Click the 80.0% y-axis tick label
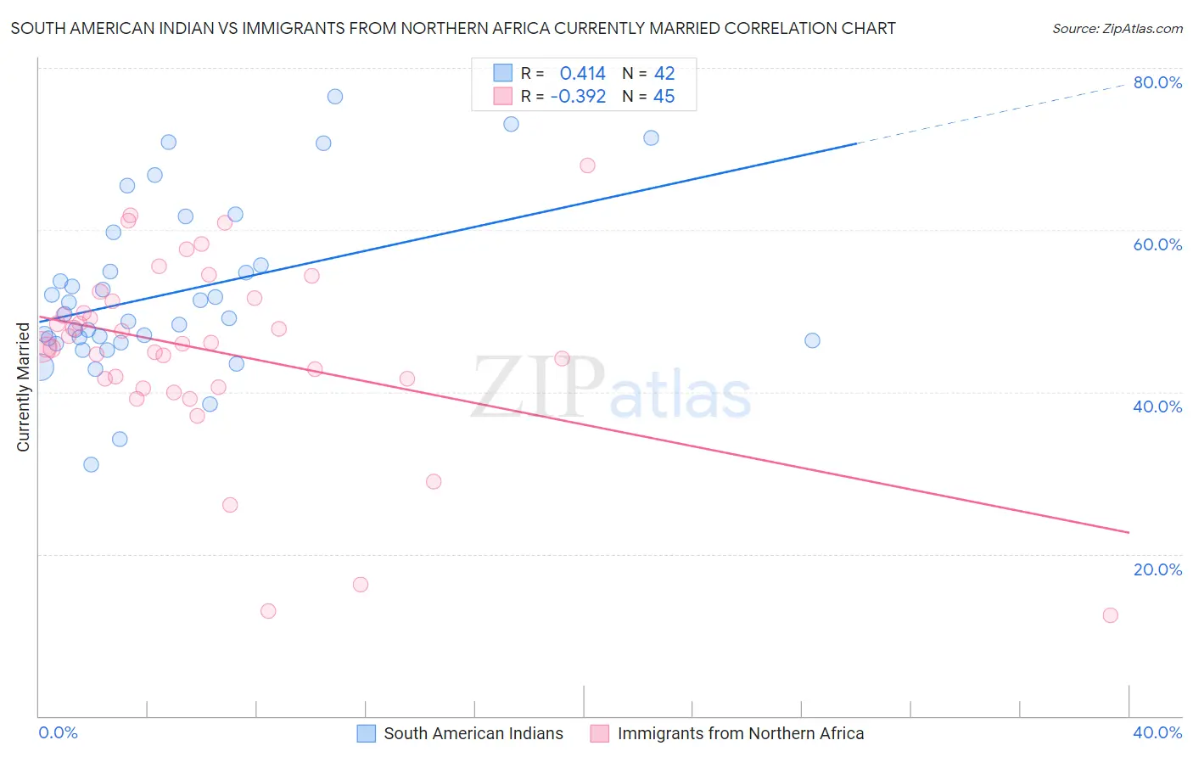coord(1157,82)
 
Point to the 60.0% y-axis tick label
coord(1157,244)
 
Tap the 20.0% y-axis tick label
coord(1157,569)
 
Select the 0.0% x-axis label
coord(58,732)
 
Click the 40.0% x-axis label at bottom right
coord(1157,732)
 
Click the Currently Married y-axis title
coord(23,387)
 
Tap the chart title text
coord(453,28)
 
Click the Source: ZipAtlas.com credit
coord(1117,28)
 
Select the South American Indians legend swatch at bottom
coord(366,733)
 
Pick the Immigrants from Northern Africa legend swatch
coord(600,733)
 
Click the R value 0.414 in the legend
coord(582,74)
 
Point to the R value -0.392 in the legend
coord(578,97)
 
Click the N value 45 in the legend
coord(664,97)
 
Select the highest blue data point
coord(335,97)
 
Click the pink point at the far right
coord(1110,615)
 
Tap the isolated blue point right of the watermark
coord(812,340)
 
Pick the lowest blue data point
coord(91,464)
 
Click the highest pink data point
coord(587,165)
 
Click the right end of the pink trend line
coord(1129,532)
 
